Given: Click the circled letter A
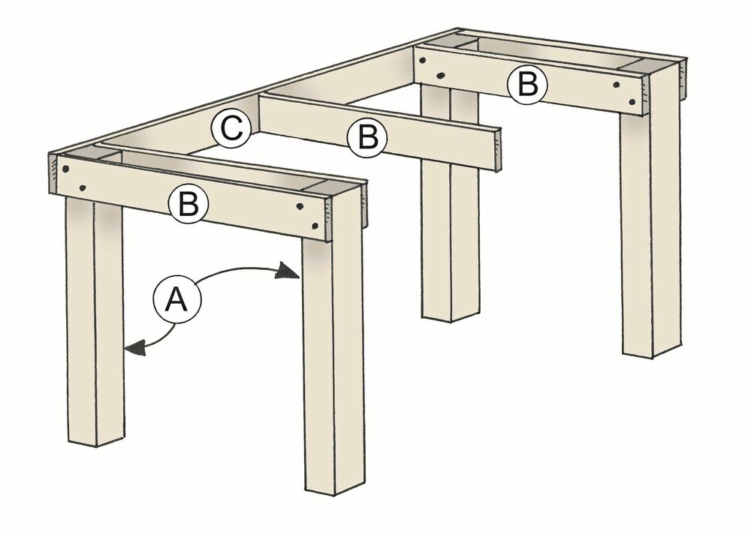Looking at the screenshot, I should pos(174,299).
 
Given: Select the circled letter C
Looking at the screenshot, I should pos(231,129).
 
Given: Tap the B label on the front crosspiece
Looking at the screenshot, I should pos(189,204).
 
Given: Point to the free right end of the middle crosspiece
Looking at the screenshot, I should pos(496,151).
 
